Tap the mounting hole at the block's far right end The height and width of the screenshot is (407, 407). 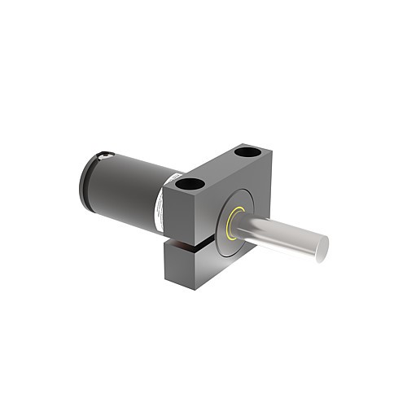point(245,151)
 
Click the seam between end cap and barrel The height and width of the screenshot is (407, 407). point(96,179)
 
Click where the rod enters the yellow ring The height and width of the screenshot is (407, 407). point(238,220)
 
